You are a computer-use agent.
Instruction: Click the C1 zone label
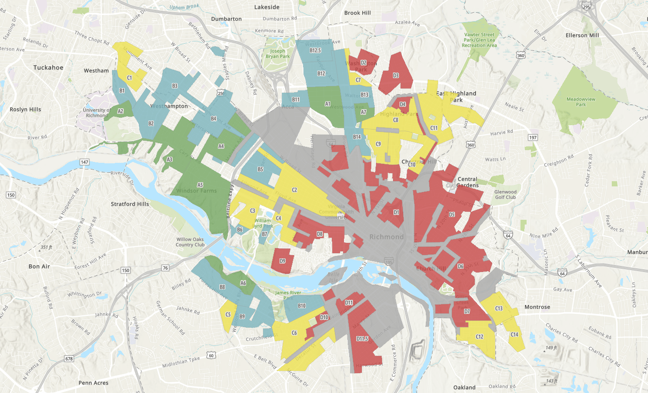coord(129,77)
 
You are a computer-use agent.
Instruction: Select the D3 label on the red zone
coord(396,75)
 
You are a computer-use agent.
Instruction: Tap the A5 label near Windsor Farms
coord(200,185)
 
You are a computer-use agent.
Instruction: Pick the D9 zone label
coord(282,261)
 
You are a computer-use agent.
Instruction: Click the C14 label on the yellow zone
coord(514,334)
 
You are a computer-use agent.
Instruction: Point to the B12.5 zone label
coord(315,50)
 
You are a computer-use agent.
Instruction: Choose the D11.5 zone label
coord(362,339)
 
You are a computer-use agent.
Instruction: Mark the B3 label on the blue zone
coord(175,86)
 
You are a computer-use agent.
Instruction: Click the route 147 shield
coord(84,162)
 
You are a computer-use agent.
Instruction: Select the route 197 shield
coord(532,137)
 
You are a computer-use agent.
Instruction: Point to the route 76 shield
coord(165,268)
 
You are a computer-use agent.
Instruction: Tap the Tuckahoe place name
coord(48,68)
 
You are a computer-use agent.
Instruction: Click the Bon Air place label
coord(39,266)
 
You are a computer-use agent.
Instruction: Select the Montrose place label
coord(537,307)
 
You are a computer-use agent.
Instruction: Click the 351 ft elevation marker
coord(46,247)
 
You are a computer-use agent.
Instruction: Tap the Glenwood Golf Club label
coord(505,194)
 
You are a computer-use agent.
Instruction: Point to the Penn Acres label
coord(93,383)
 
